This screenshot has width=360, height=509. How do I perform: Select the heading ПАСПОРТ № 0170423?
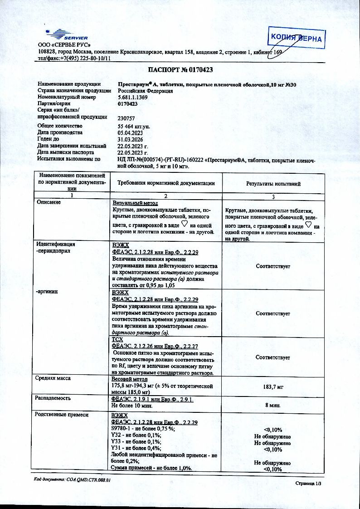click(x=180, y=70)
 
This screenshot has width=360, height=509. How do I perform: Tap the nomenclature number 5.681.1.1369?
click(x=133, y=97)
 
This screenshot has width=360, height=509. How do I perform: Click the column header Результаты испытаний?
click(x=273, y=184)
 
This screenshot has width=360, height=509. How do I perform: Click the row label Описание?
click(x=49, y=202)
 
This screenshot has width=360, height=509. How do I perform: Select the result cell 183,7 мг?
click(x=273, y=387)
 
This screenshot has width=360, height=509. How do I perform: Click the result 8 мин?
click(x=273, y=405)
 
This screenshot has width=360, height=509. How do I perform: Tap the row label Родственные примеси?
click(x=62, y=414)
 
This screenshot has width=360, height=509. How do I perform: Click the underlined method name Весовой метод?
click(x=129, y=379)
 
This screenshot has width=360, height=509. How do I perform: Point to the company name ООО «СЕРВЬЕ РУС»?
click(x=64, y=45)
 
